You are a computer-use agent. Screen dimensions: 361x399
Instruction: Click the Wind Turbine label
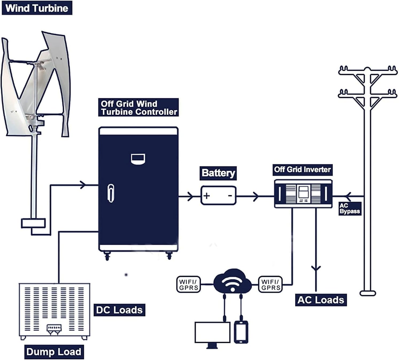click(37, 8)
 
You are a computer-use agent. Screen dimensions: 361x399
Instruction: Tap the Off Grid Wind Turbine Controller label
click(139, 108)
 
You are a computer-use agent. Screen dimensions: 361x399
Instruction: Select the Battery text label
click(218, 173)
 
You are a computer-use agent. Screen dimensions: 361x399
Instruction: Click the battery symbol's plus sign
click(206, 196)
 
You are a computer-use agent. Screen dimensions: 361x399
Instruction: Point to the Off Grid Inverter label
click(302, 170)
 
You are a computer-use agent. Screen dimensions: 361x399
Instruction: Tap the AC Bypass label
click(350, 209)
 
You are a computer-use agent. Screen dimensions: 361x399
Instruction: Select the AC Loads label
click(321, 300)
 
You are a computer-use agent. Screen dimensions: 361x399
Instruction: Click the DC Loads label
click(119, 310)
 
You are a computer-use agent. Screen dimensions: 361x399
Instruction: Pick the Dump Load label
click(54, 352)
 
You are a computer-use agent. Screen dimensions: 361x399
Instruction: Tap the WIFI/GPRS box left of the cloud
click(189, 285)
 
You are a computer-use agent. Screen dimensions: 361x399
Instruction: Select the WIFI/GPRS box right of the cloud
click(271, 285)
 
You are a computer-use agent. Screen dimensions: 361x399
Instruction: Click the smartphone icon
click(241, 332)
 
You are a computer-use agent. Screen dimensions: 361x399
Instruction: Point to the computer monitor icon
click(212, 333)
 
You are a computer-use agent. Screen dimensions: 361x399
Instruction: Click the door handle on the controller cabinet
click(111, 193)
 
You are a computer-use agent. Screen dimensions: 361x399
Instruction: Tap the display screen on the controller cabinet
click(138, 159)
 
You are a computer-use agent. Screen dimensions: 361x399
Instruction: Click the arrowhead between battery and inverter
click(256, 196)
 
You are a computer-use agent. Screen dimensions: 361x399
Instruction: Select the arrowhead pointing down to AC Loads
click(316, 268)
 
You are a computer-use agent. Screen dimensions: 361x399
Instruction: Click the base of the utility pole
click(368, 293)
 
